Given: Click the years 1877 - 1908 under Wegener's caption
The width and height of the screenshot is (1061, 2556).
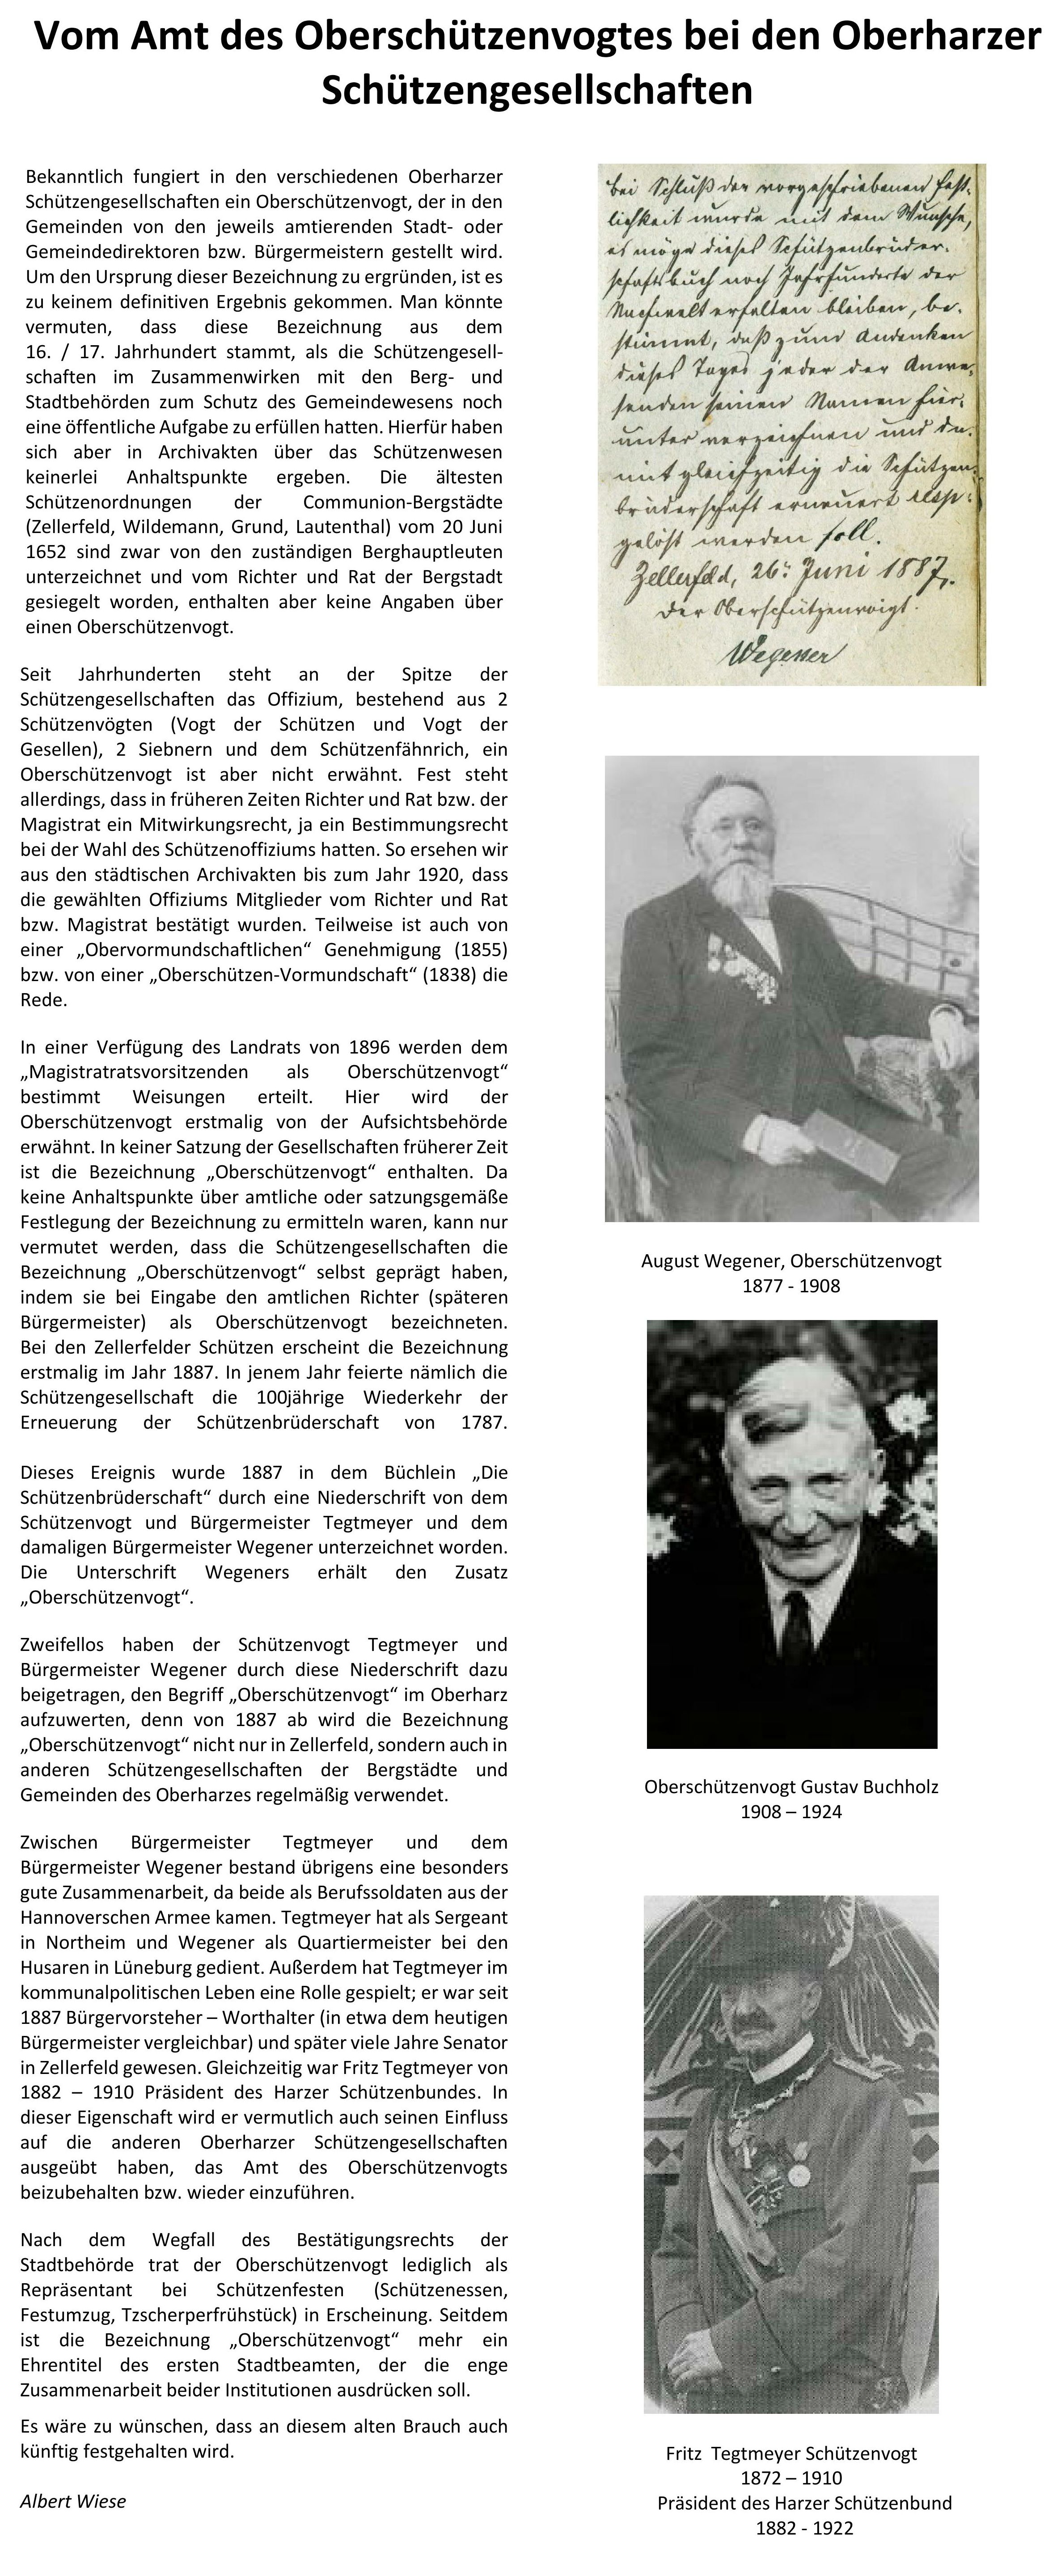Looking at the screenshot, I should click(791, 1286).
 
